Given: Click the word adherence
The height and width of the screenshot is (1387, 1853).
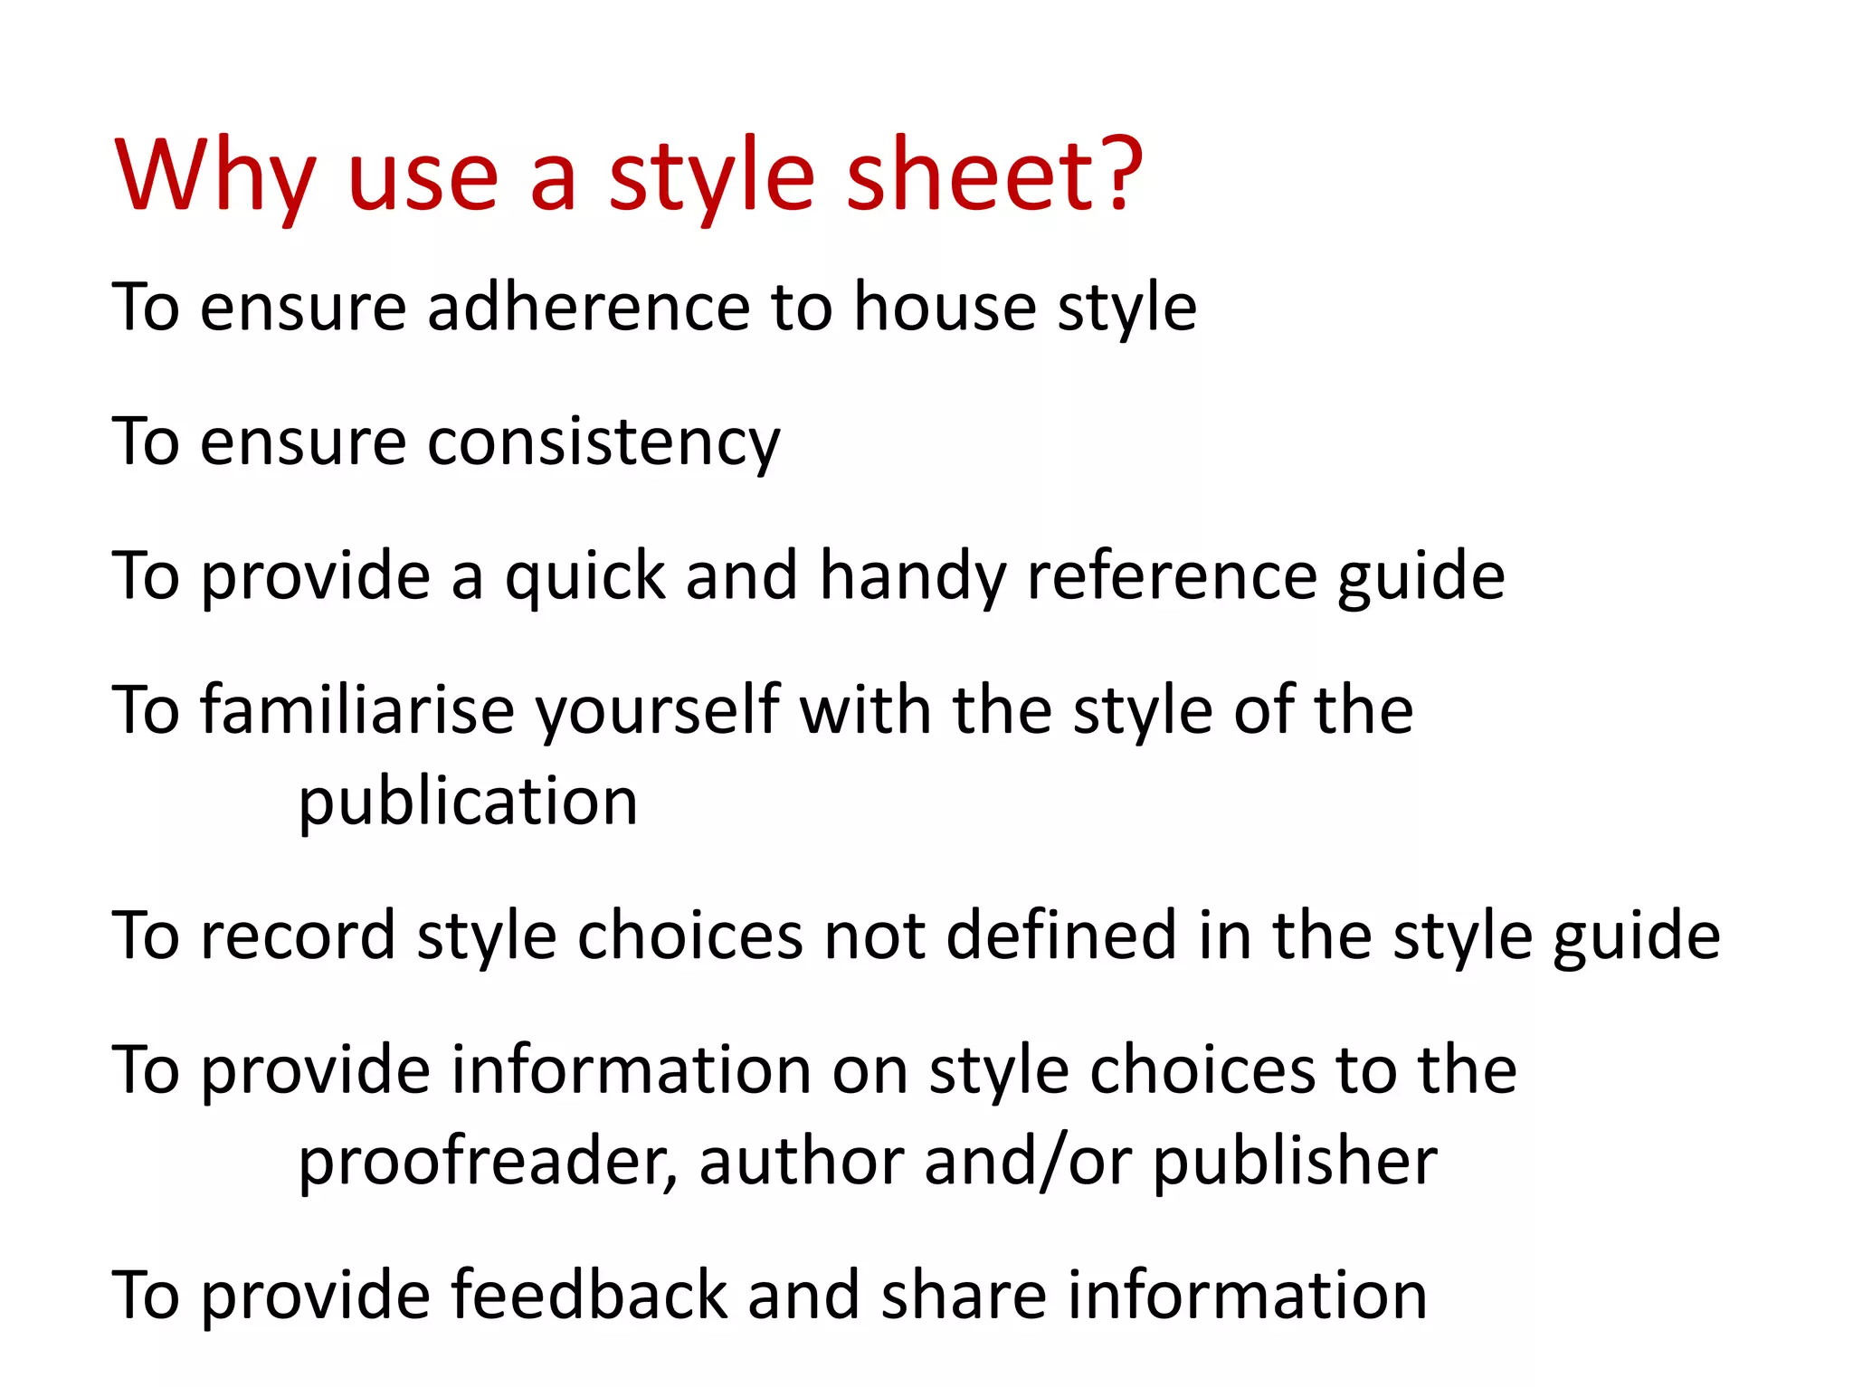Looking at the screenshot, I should (x=588, y=308).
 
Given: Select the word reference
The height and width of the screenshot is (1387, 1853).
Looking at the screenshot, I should (x=1171, y=577).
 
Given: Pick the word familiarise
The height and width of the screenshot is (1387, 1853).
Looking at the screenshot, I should (x=358, y=711).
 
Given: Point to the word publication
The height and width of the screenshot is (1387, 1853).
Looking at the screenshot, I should (x=468, y=802).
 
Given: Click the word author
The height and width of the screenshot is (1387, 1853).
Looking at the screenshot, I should (x=801, y=1162).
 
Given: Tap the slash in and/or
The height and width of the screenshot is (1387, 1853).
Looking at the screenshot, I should (x=1051, y=1162).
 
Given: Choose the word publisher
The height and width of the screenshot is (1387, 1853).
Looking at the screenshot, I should (x=1295, y=1162).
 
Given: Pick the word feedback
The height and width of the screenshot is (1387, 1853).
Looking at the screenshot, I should (x=589, y=1296).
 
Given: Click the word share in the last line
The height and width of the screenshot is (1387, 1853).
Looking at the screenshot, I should (x=964, y=1296).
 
